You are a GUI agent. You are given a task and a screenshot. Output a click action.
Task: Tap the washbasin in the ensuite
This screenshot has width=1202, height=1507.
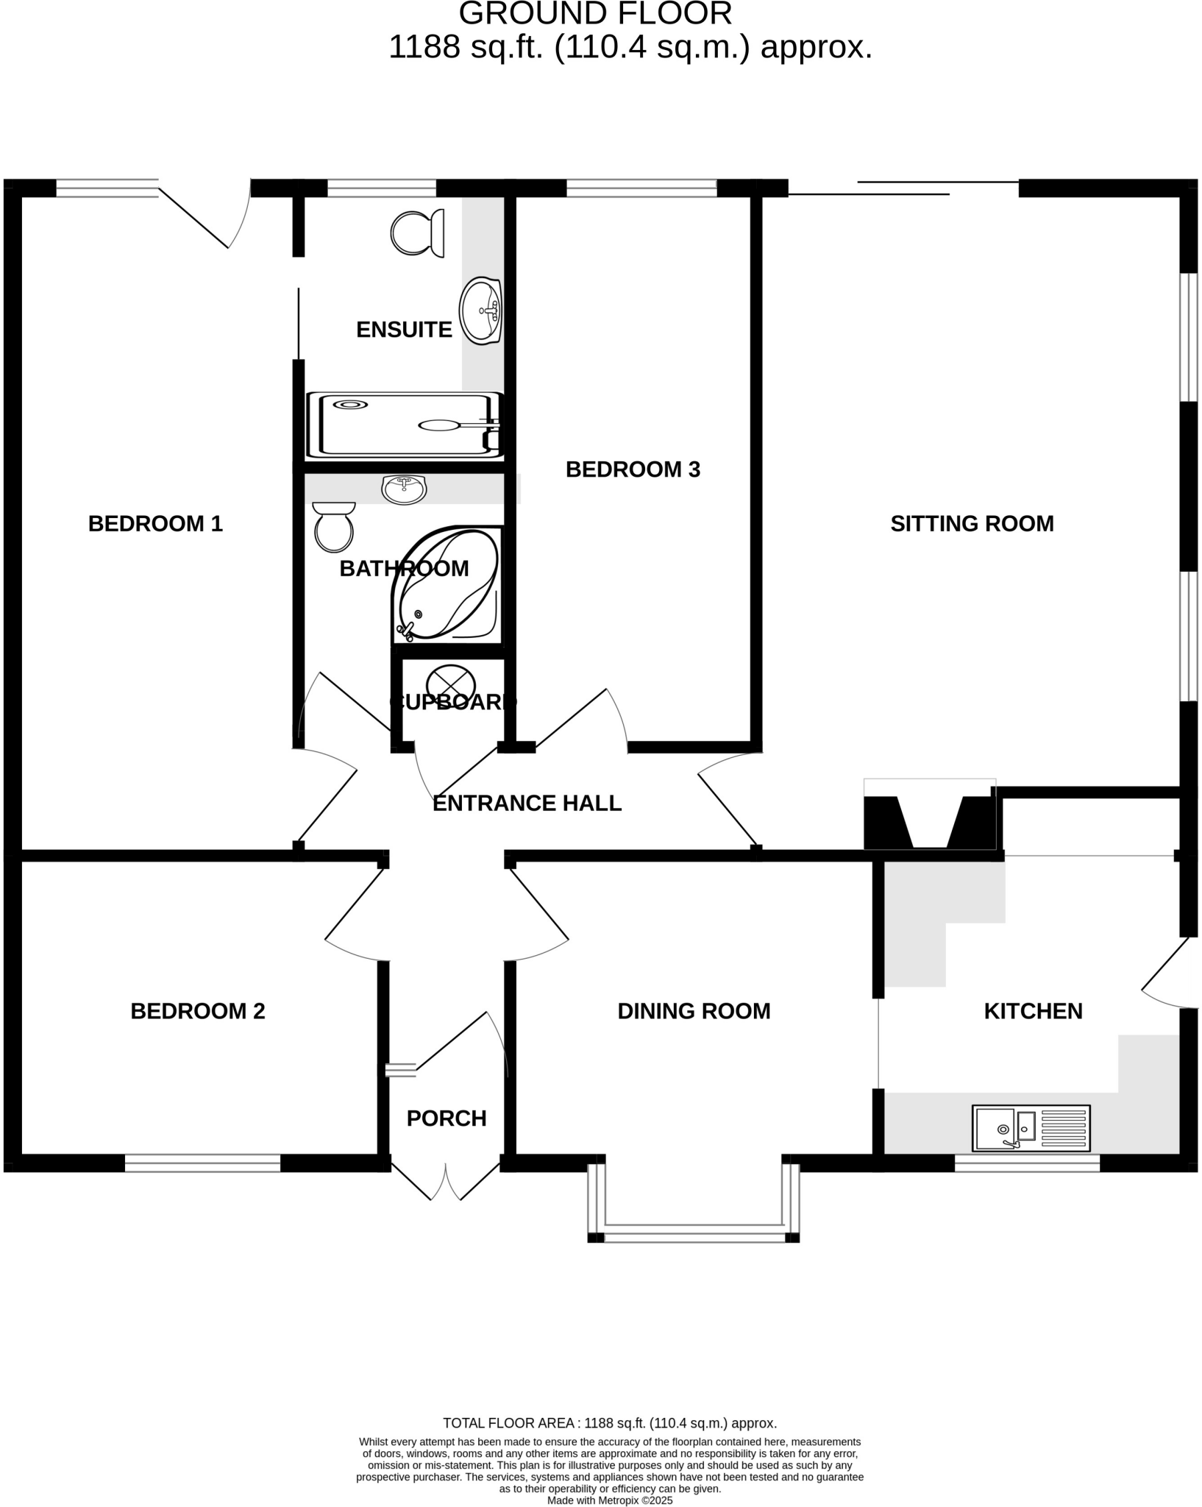click(480, 311)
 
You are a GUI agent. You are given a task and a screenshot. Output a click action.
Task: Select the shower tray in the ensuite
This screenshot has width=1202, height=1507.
click(404, 425)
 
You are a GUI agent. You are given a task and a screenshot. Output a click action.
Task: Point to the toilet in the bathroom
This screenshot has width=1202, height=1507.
click(333, 527)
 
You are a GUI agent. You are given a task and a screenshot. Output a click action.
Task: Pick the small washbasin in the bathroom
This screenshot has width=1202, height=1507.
click(404, 489)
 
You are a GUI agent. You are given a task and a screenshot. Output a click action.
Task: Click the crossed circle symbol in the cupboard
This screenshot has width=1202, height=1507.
click(451, 680)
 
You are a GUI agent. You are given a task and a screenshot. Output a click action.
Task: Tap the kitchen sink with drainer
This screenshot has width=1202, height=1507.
click(1031, 1127)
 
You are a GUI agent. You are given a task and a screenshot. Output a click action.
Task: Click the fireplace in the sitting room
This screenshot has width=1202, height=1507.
click(930, 821)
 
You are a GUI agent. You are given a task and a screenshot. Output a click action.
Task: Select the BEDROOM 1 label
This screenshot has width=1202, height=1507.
click(155, 524)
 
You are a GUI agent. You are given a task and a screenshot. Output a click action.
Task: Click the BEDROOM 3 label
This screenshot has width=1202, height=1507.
click(633, 469)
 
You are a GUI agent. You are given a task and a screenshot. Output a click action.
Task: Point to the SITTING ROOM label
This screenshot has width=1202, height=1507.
click(972, 524)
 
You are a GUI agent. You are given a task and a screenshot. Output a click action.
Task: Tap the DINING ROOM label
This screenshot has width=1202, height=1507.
click(694, 1011)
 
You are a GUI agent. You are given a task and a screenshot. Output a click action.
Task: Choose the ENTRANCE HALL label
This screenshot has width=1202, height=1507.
click(527, 803)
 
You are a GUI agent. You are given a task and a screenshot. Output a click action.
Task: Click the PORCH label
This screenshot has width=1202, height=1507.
click(447, 1118)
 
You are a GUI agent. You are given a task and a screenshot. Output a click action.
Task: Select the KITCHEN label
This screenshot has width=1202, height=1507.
click(1033, 1011)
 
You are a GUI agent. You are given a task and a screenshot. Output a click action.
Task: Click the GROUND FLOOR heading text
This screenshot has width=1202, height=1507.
click(595, 13)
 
